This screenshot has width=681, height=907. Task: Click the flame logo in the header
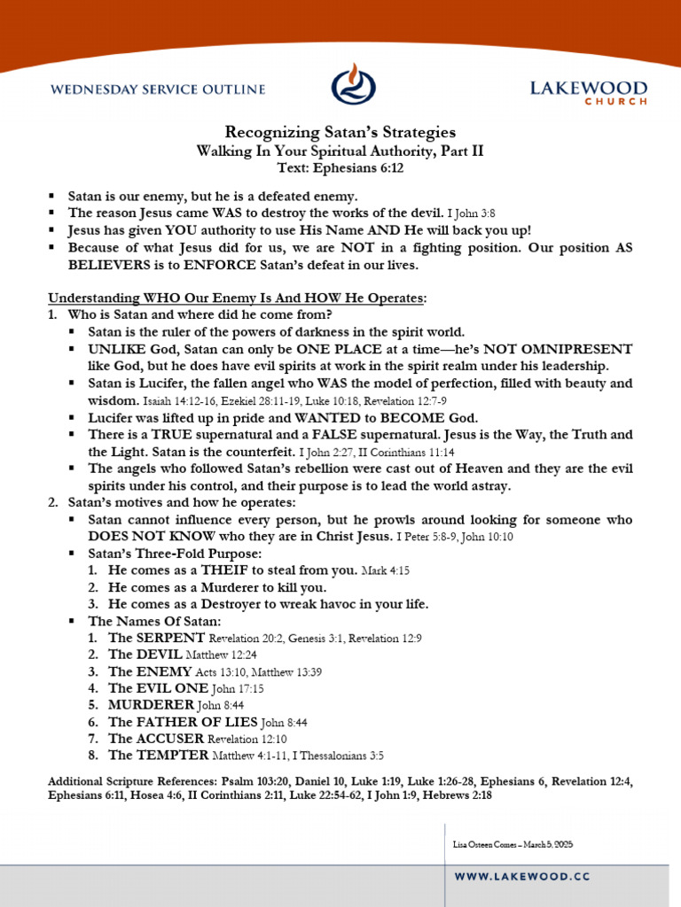(x=353, y=84)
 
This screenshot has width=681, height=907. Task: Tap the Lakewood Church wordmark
(x=588, y=92)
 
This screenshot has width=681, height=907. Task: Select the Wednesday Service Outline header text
(x=158, y=89)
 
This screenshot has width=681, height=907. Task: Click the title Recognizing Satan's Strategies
(x=340, y=132)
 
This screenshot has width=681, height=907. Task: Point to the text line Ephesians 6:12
(x=340, y=167)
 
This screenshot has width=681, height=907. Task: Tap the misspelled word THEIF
(x=212, y=570)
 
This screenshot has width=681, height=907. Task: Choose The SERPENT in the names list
(x=157, y=638)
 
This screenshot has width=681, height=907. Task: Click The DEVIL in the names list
(x=145, y=655)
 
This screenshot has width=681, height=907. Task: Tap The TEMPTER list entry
(x=159, y=756)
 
